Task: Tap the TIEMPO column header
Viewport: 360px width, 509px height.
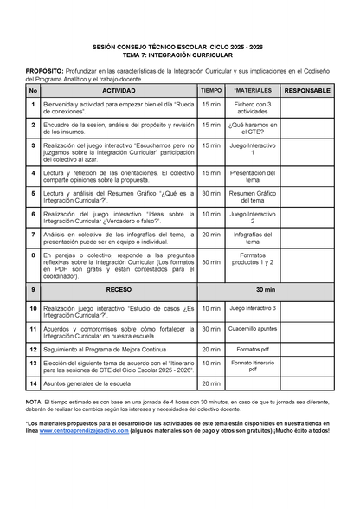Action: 210,90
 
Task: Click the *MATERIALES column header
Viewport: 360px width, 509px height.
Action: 254,90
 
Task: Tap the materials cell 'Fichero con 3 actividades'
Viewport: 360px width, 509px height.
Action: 254,106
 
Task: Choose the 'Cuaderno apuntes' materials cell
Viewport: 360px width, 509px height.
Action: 254,329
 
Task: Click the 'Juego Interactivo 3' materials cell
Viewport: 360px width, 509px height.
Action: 254,308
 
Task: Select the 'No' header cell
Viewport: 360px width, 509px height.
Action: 33,90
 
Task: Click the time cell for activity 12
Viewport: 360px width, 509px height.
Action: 210,348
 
